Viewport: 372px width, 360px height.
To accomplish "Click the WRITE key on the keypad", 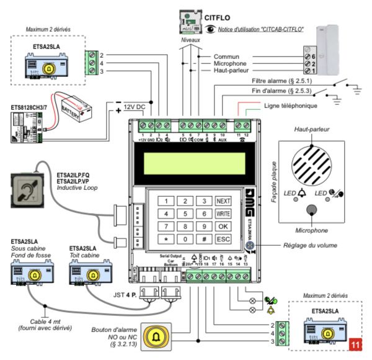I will pos(223,214).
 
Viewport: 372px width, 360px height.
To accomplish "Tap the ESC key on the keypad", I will pos(223,238).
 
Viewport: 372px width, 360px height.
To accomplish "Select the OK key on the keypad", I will pos(223,226).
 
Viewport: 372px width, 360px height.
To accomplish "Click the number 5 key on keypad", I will pos(184,214).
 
